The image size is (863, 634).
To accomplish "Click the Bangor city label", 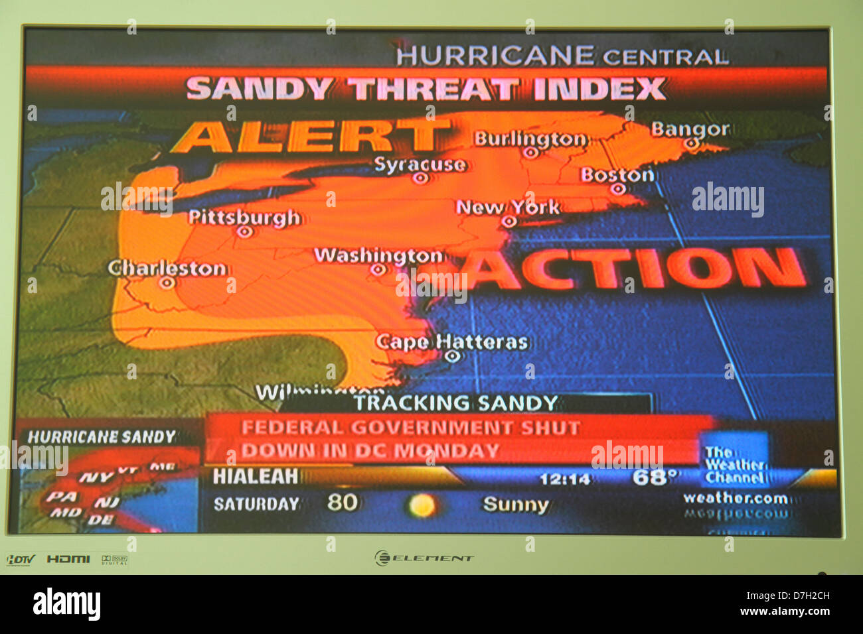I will (689, 129).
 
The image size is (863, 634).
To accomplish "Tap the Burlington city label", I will (530, 139).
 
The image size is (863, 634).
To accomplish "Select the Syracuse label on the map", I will (420, 164).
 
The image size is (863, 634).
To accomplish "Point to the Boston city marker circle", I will (618, 189).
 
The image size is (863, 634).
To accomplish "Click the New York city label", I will (508, 207).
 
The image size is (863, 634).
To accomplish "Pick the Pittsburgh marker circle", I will (245, 232).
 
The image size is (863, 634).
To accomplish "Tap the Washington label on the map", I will (378, 255).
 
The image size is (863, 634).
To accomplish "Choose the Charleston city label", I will (167, 269).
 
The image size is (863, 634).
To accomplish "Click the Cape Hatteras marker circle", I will (453, 356).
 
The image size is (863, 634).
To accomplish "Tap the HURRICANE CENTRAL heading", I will (562, 56).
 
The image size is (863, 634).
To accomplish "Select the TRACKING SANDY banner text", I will (455, 403).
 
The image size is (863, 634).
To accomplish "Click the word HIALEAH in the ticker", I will (255, 476).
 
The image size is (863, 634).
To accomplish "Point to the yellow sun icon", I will (421, 506).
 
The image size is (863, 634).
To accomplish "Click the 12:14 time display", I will (565, 479).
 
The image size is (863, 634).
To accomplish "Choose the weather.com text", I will (736, 498).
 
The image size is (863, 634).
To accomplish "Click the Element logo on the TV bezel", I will (424, 558).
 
